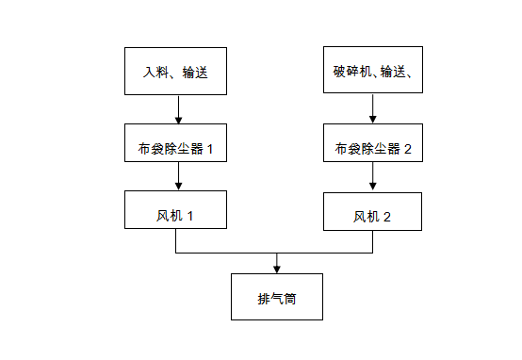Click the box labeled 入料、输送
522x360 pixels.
(x=176, y=72)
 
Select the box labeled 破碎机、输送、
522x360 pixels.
(x=372, y=72)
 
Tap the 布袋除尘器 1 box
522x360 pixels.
(x=176, y=148)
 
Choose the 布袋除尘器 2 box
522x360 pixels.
(x=372, y=148)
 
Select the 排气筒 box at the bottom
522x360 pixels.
(x=277, y=297)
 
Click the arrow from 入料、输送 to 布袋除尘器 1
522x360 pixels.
(x=177, y=109)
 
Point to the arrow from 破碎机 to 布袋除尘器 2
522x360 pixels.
(x=373, y=109)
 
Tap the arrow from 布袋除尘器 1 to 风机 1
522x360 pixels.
(x=177, y=177)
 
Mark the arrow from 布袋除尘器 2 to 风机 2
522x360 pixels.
(x=373, y=177)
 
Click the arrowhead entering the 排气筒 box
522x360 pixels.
(x=277, y=268)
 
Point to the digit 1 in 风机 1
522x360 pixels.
(x=190, y=217)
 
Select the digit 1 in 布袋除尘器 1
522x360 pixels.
(x=211, y=149)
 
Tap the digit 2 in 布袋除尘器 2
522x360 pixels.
(x=407, y=149)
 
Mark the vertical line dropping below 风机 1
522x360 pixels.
(x=176, y=240)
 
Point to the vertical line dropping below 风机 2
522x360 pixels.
(x=373, y=240)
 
